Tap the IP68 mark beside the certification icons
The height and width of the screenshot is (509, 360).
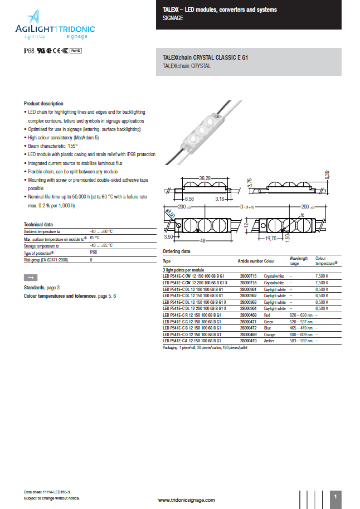(28, 51)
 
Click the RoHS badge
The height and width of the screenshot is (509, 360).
(76, 51)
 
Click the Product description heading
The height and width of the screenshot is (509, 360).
(43, 104)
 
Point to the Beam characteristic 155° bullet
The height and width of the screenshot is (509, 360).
(54, 146)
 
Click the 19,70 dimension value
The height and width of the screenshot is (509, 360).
(270, 238)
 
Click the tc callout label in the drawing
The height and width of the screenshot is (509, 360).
(302, 215)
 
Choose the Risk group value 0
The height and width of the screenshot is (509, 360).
(91, 260)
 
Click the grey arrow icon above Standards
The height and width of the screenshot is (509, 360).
(31, 277)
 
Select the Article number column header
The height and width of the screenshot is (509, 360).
(250, 261)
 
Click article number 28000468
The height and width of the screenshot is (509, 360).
(248, 316)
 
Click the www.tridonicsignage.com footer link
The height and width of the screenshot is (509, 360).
(186, 500)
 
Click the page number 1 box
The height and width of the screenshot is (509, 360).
(335, 496)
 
